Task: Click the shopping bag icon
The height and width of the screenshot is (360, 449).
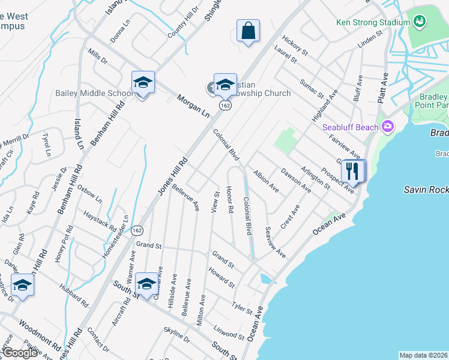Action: pyautogui.click(x=248, y=31)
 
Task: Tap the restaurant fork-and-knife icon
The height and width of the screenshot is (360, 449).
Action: pyautogui.click(x=352, y=172)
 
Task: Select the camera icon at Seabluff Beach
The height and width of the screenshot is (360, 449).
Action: pyautogui.click(x=388, y=127)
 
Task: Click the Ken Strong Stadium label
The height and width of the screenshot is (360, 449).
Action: pyautogui.click(x=373, y=23)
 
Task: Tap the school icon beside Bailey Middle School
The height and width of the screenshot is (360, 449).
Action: pyautogui.click(x=143, y=83)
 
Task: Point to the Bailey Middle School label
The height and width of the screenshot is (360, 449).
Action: pyautogui.click(x=93, y=93)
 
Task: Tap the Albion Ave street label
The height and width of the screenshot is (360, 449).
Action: pyautogui.click(x=266, y=181)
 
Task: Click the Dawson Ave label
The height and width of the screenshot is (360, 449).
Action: pyautogui.click(x=296, y=179)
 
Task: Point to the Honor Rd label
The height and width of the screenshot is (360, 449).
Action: pyautogui.click(x=229, y=200)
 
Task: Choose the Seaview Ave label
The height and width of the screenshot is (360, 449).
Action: pyautogui.click(x=275, y=242)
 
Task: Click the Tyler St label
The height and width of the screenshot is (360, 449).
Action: pyautogui.click(x=241, y=307)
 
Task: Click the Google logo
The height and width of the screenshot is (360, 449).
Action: pyautogui.click(x=20, y=353)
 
